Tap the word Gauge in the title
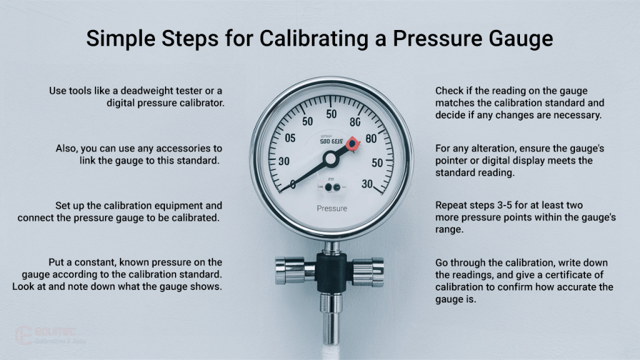pyautogui.click(x=518, y=39)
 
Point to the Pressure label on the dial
pyautogui.click(x=332, y=208)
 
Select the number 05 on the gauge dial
pyautogui.click(x=289, y=139)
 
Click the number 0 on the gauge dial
pyautogui.click(x=293, y=184)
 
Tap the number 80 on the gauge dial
pyautogui.click(x=370, y=139)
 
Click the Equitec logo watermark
pyautogui.click(x=50, y=334)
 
